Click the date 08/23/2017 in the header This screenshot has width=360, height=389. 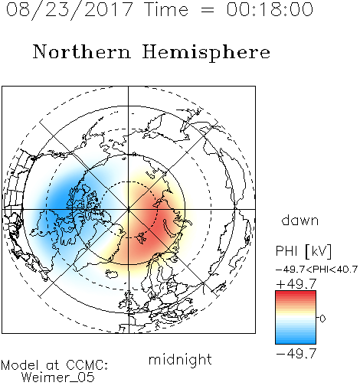(69, 10)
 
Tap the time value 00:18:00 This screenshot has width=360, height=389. (270, 9)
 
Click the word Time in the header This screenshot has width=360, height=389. (166, 9)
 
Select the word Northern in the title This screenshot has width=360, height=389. (82, 51)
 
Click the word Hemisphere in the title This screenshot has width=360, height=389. (206, 52)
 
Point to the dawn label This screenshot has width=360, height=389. (300, 220)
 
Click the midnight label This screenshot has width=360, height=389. (180, 359)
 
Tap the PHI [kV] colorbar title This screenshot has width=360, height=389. (303, 251)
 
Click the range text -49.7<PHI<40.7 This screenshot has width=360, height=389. (316, 270)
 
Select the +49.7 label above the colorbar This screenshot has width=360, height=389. (296, 284)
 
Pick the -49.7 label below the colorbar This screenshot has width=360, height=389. (296, 354)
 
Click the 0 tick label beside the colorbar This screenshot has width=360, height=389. (322, 319)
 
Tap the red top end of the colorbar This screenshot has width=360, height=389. (296, 293)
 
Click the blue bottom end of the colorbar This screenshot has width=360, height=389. (296, 342)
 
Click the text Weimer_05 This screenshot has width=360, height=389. (57, 378)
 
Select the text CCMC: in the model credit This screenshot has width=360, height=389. (87, 365)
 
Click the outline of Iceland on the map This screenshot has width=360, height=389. (112, 273)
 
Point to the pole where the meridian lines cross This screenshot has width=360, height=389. (129, 209)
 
